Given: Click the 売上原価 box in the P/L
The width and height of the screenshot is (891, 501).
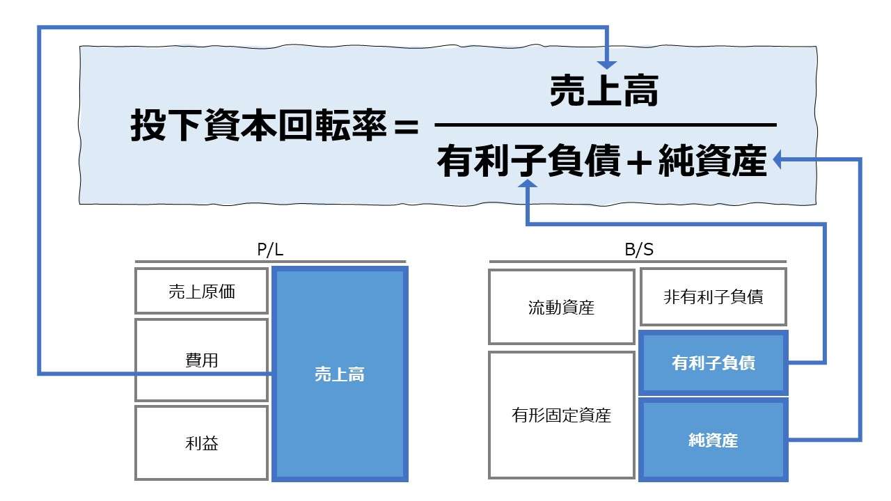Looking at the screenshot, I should click(x=201, y=292).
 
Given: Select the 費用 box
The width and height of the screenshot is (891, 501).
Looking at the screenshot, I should click(x=201, y=360).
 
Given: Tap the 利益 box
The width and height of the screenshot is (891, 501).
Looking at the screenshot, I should click(x=201, y=443).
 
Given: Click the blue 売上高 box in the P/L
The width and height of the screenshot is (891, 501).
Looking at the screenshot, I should click(x=339, y=374).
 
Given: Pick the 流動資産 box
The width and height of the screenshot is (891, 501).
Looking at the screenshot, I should click(x=561, y=307).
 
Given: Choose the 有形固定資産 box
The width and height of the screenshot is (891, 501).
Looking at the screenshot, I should click(x=561, y=415).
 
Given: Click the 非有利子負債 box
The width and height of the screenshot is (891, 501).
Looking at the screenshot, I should click(x=713, y=297).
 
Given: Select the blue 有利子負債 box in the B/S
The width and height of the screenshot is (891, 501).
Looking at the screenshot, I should click(x=713, y=363).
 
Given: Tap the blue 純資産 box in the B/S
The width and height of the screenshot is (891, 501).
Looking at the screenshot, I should click(x=713, y=440).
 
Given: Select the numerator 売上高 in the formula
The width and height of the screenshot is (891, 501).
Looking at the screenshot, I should click(x=604, y=92).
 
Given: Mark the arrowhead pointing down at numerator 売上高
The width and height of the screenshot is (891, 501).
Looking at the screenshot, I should click(x=608, y=62).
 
